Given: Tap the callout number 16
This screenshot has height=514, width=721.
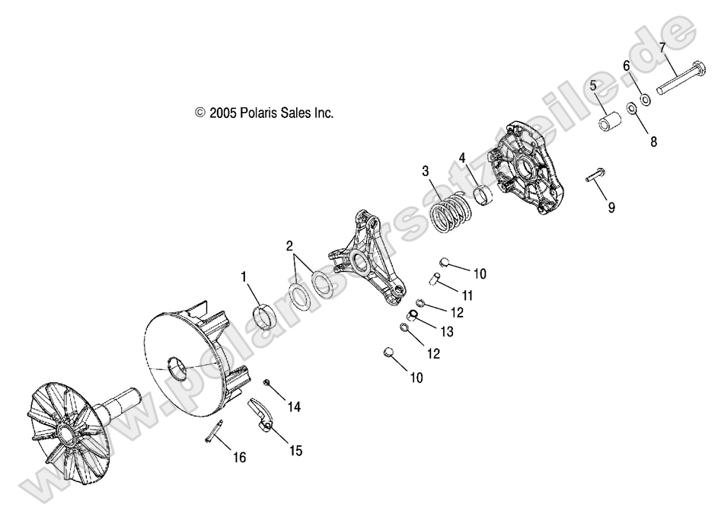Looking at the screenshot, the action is (240, 457).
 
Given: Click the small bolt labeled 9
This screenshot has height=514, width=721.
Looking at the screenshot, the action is (595, 175).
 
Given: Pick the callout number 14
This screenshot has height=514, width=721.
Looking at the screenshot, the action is (294, 407).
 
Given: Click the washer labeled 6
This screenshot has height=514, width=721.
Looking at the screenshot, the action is (645, 99).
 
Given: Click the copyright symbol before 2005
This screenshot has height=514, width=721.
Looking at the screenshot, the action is (200, 113).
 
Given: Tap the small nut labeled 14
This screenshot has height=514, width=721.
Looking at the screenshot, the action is (266, 382).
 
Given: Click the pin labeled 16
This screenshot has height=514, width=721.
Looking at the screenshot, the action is (214, 432).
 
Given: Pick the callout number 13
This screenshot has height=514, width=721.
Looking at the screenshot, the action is (447, 331).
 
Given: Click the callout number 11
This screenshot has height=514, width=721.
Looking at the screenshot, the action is (467, 295).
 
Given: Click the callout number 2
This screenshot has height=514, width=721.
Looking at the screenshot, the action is (289, 247).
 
